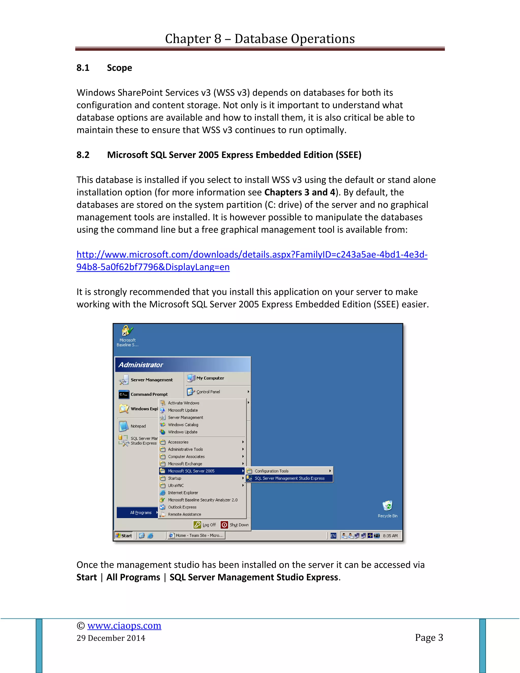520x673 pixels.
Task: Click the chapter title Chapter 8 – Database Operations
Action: pyautogui.click(x=260, y=39)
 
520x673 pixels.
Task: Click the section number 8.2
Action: pyautogui.click(x=83, y=155)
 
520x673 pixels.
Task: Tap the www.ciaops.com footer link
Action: pyautogui.click(x=124, y=626)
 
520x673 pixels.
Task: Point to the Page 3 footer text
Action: pyautogui.click(x=429, y=637)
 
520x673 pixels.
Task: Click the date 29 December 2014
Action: pyautogui.click(x=111, y=638)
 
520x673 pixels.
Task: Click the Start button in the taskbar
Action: pyautogui.click(x=124, y=536)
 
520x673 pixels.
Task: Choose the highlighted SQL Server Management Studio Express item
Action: pyautogui.click(x=289, y=478)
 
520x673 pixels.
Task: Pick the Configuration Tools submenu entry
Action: pyautogui.click(x=271, y=471)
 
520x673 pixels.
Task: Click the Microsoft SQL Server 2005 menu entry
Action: pyautogui.click(x=191, y=471)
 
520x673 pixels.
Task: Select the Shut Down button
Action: pyautogui.click(x=235, y=525)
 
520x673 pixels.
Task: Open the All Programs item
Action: pyautogui.click(x=140, y=512)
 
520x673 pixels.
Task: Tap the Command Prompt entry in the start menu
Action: pyautogui.click(x=149, y=394)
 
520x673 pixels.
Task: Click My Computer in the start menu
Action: pyautogui.click(x=210, y=378)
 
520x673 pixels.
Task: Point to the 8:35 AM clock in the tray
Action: pyautogui.click(x=390, y=536)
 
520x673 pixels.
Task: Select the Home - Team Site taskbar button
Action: pyautogui.click(x=196, y=536)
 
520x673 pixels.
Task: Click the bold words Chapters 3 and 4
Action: pyautogui.click(x=299, y=192)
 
